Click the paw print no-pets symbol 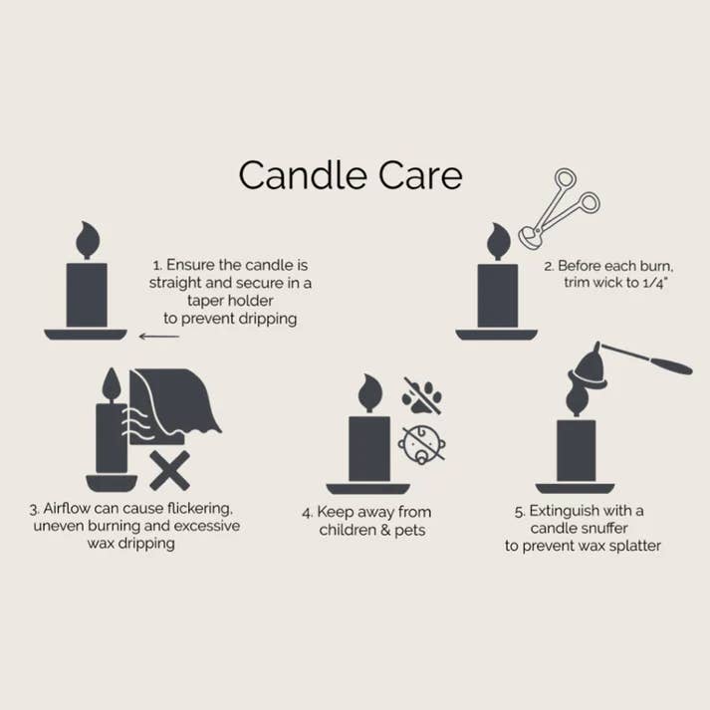tap(422, 395)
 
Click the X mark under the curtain tap(169, 470)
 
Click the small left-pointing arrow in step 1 tap(158, 337)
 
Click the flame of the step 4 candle tap(369, 393)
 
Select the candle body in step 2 tap(497, 296)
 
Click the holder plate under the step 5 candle tap(575, 488)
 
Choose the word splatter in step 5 tap(632, 546)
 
